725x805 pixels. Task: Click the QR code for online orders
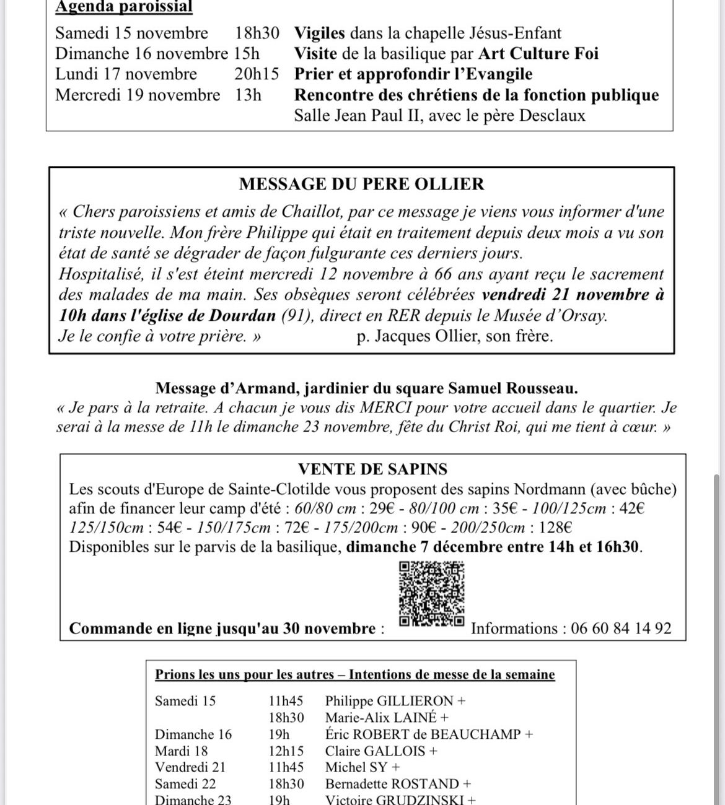[432, 593]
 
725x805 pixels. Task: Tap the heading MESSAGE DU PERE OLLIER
[362, 184]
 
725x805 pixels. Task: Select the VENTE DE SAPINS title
[372, 469]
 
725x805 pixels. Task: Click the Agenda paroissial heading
[124, 7]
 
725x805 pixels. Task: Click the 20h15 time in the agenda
[257, 74]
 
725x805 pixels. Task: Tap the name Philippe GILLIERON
[390, 701]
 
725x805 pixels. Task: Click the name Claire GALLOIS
[376, 751]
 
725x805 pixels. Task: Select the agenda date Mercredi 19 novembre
[138, 95]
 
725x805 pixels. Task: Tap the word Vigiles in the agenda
[320, 33]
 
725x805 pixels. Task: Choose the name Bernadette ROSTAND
[392, 784]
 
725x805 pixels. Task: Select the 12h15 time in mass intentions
[286, 751]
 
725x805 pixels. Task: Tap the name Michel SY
[356, 767]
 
